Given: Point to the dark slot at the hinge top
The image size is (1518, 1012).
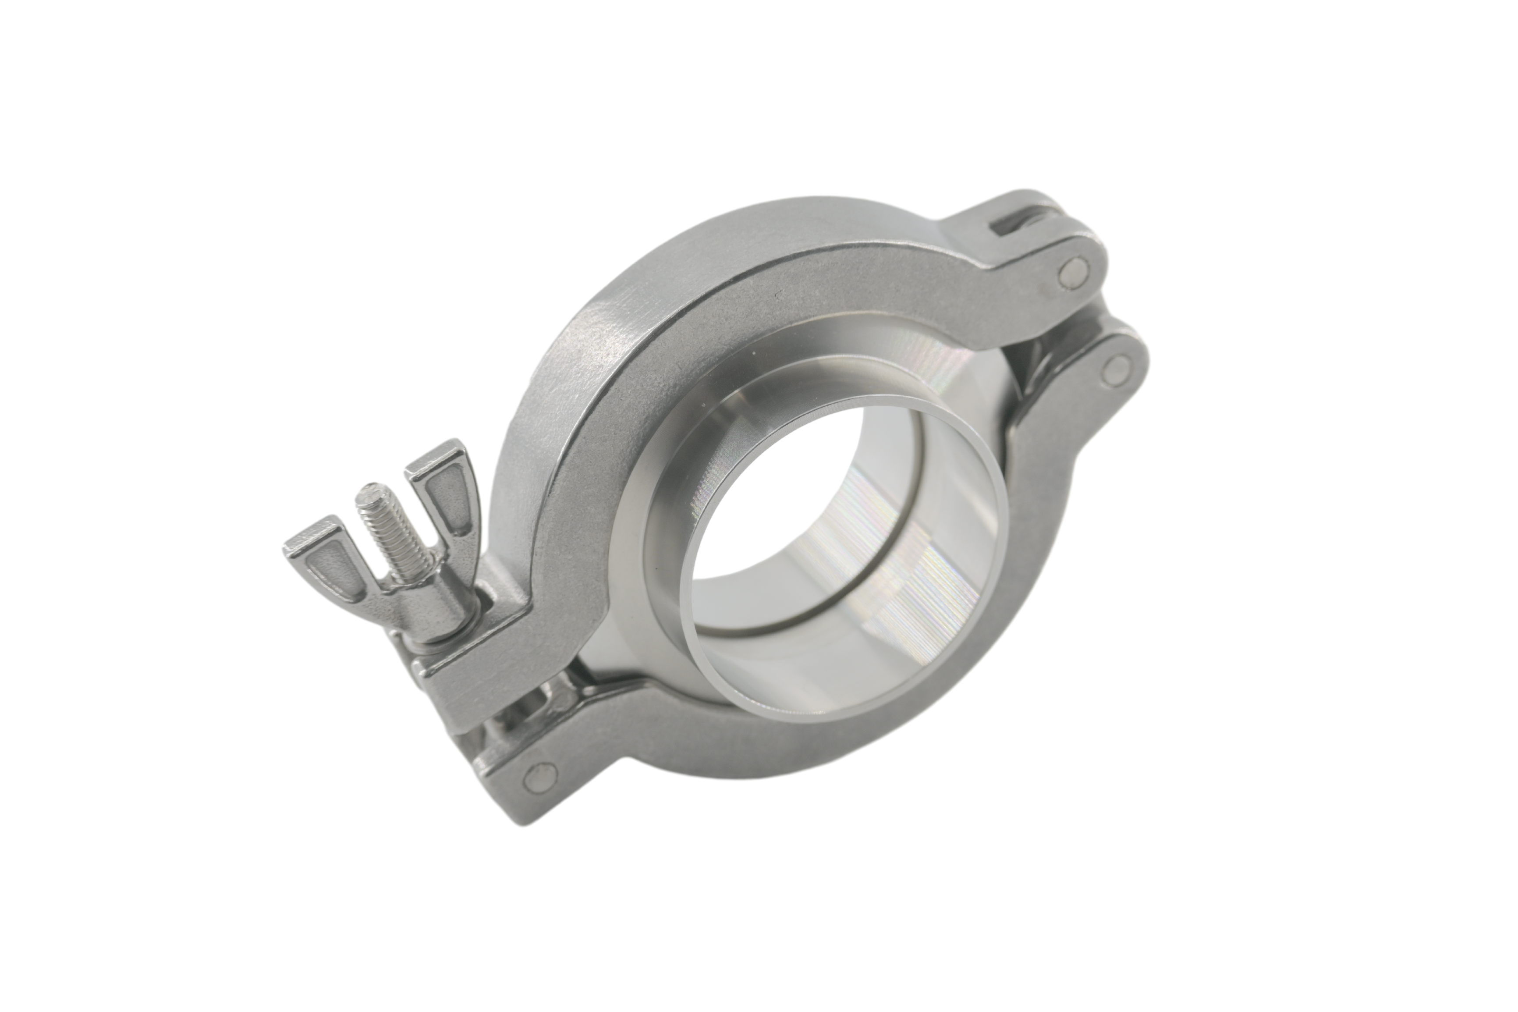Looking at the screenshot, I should [x=1010, y=223].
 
